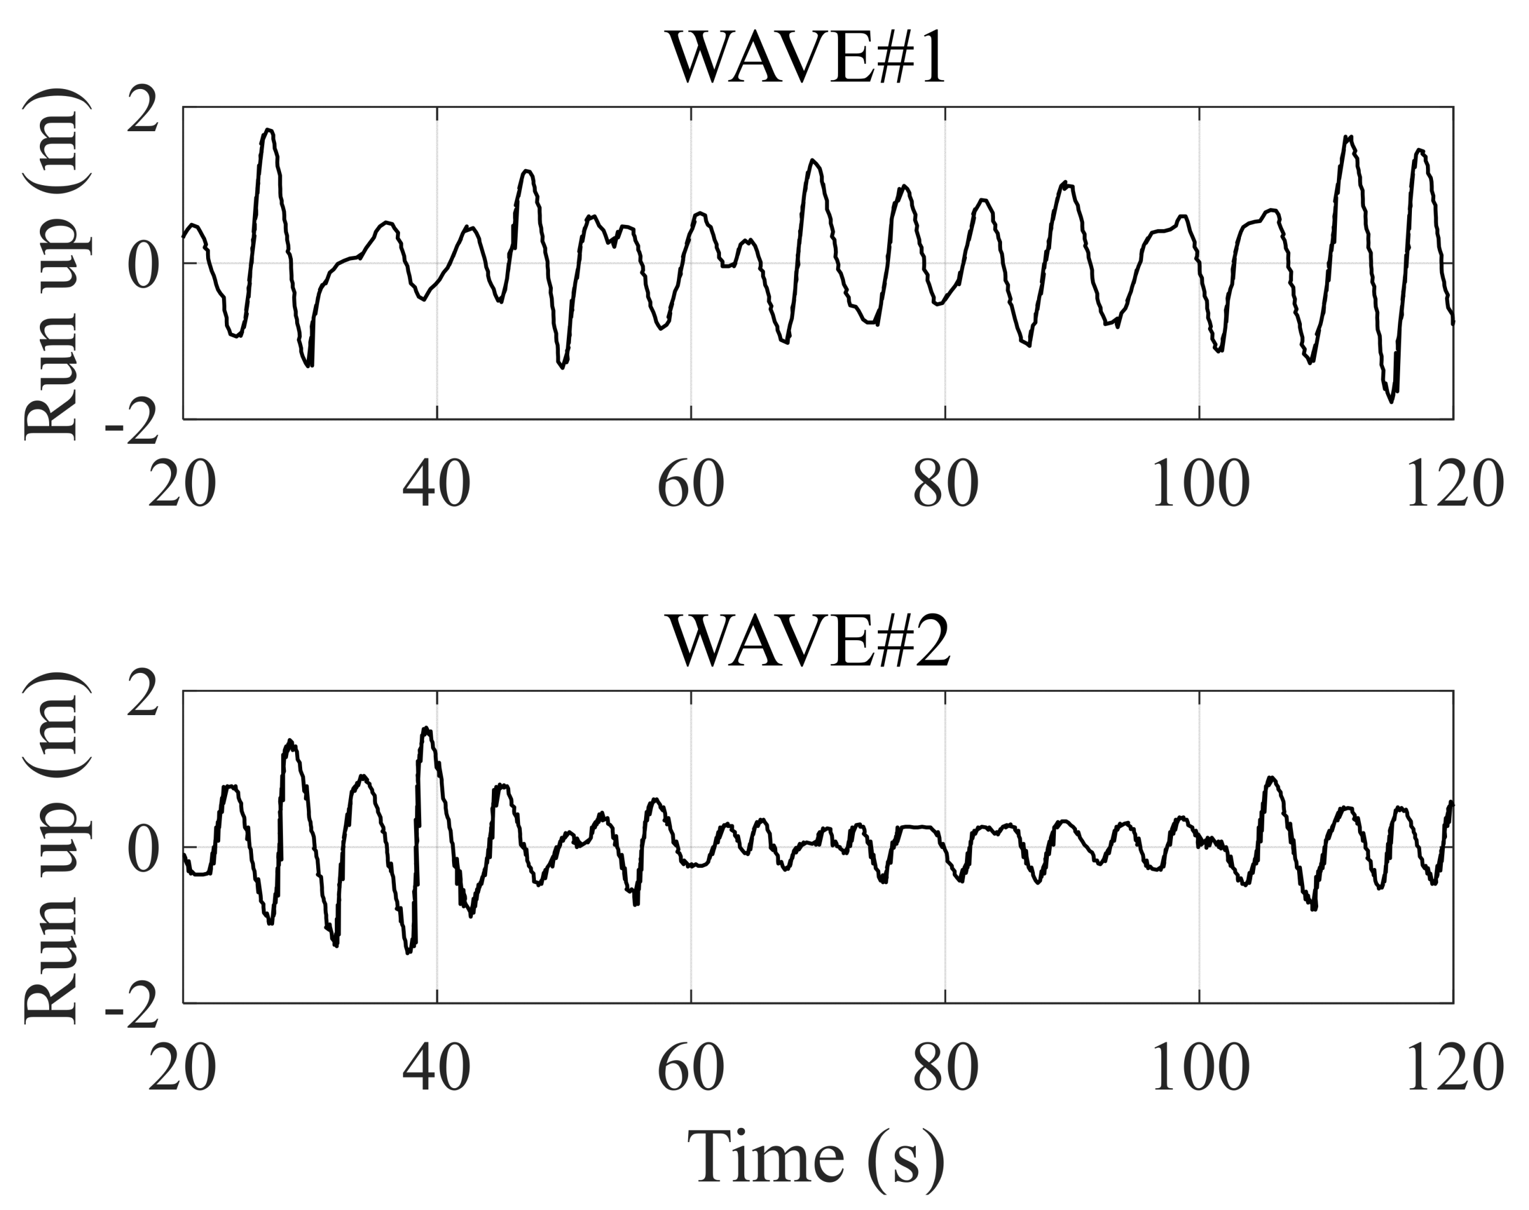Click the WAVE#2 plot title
(x=809, y=641)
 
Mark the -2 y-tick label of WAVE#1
(x=132, y=425)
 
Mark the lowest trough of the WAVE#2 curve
(x=408, y=953)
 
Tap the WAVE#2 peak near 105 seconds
(x=1272, y=778)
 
